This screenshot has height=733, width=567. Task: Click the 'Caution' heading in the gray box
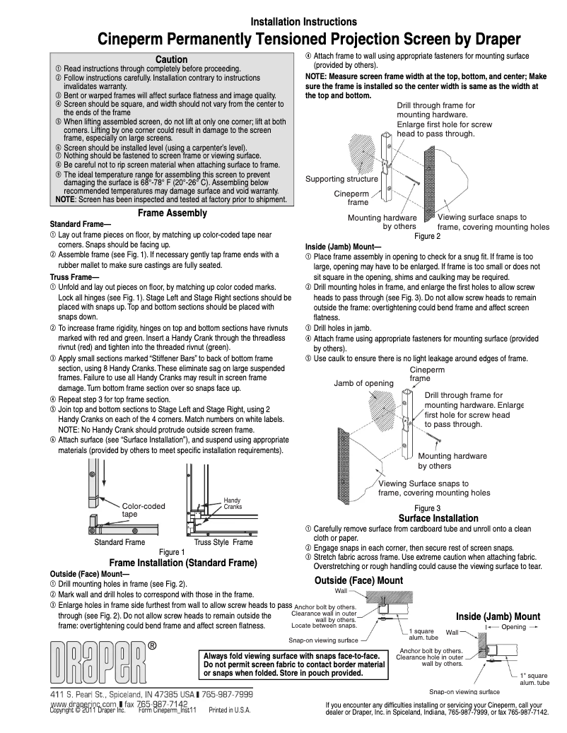point(171,59)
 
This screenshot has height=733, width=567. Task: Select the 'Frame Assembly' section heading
point(172,213)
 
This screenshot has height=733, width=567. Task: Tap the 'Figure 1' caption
point(172,552)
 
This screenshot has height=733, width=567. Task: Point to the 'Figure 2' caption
point(427,235)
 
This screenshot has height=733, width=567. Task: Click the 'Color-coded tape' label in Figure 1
point(143,510)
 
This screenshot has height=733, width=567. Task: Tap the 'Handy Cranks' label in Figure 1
point(233,503)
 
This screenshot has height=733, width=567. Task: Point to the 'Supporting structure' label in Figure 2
point(341,179)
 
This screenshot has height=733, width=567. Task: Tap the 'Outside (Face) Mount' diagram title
point(358,580)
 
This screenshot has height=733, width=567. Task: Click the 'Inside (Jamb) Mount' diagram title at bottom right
point(498,616)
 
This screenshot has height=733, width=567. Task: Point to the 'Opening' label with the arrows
point(514,627)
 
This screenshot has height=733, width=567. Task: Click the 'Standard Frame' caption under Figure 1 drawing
point(119,542)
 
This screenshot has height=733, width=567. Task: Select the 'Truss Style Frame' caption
point(223,542)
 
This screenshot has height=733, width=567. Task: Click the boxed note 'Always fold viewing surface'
point(294,664)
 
